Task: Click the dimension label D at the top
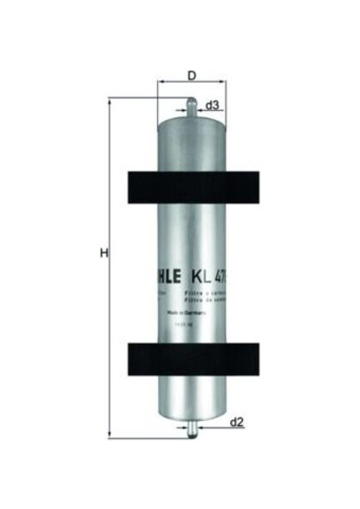click(x=191, y=75)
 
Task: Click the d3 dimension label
click(x=214, y=105)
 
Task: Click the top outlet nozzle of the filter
click(x=191, y=108)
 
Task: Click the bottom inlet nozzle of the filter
click(x=191, y=430)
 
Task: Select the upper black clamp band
click(x=191, y=187)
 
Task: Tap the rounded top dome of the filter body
click(x=191, y=120)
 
